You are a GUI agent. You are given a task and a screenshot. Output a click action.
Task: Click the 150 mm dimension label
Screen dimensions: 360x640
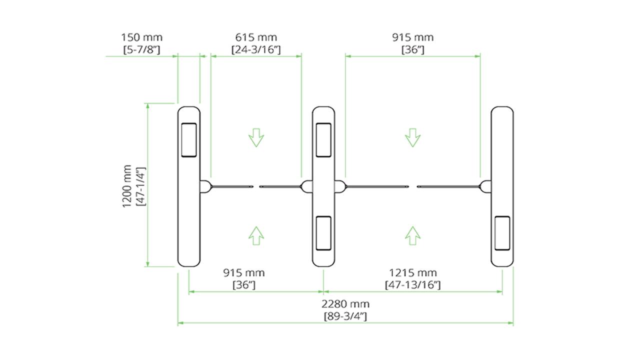coord(141,37)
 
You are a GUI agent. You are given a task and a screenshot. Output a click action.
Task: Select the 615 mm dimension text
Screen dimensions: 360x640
coord(256,37)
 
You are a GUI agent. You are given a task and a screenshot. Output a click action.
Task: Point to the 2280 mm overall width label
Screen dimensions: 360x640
coord(345,304)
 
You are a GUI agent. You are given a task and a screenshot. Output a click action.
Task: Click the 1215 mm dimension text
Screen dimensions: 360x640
coord(413,273)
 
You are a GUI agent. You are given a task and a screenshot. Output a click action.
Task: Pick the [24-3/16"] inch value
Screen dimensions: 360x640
coord(256,49)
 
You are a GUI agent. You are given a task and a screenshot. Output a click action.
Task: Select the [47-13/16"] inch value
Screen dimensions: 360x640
coord(413,284)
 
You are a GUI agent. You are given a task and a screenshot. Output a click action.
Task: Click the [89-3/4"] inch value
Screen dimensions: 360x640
coord(345,315)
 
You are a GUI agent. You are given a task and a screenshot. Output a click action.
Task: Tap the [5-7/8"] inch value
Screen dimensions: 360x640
coord(141,49)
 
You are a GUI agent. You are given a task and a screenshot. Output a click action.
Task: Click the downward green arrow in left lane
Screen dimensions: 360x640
coord(256,137)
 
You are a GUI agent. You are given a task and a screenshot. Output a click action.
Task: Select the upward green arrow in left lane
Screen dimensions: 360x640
coord(256,235)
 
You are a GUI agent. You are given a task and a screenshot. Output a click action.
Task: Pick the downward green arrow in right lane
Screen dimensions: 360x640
coord(412,137)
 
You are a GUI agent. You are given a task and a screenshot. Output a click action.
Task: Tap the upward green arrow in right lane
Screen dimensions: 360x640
coord(412,235)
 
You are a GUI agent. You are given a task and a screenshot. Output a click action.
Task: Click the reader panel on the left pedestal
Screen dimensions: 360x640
coord(189,140)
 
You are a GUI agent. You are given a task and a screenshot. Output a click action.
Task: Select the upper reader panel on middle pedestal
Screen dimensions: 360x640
coord(323,140)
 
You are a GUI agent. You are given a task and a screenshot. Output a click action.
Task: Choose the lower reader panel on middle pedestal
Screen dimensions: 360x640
coord(323,233)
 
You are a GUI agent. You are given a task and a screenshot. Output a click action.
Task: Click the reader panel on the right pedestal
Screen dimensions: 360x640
coord(502,233)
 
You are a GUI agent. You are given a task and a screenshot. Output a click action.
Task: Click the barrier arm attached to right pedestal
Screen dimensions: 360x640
coord(447,187)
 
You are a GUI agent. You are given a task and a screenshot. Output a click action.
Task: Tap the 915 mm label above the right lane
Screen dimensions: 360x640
coord(413,37)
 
